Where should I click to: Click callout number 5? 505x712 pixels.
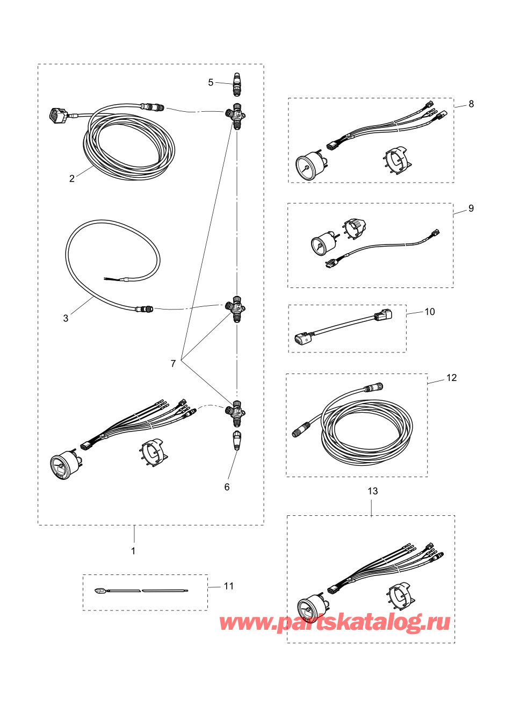pyautogui.click(x=211, y=83)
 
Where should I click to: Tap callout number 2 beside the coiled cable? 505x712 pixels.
pyautogui.click(x=72, y=178)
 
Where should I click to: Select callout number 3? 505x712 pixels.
pyautogui.click(x=66, y=318)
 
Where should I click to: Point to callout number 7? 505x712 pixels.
pyautogui.click(x=173, y=363)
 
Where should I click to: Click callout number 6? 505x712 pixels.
pyautogui.click(x=227, y=487)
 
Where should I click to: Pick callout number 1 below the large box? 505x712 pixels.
pyautogui.click(x=133, y=551)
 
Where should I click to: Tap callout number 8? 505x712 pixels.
pyautogui.click(x=471, y=104)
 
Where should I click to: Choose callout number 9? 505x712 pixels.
pyautogui.click(x=471, y=208)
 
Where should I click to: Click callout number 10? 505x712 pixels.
pyautogui.click(x=430, y=312)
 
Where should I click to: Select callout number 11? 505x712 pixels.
pyautogui.click(x=229, y=586)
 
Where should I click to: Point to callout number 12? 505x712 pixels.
pyautogui.click(x=452, y=378)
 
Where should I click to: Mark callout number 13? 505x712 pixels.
pyautogui.click(x=373, y=491)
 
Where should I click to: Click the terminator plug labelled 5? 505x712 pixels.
pyautogui.click(x=236, y=83)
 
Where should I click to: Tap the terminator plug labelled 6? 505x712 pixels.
pyautogui.click(x=237, y=440)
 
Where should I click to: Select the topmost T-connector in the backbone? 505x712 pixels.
pyautogui.click(x=235, y=116)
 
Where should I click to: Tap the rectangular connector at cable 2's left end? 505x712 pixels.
pyautogui.click(x=57, y=116)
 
